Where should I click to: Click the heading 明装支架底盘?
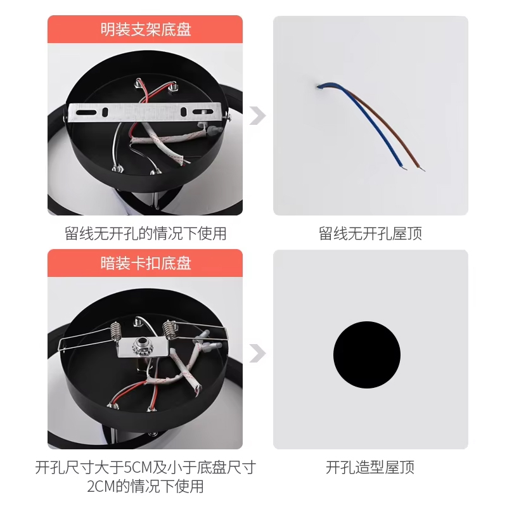click(146, 29)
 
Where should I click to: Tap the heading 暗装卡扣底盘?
click(146, 263)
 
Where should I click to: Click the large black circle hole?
click(367, 355)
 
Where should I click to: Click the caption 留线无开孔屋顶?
click(370, 233)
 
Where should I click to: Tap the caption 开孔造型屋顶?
click(370, 467)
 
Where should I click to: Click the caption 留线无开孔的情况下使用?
click(146, 233)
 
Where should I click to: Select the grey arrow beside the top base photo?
click(257, 115)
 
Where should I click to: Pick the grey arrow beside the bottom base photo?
click(257, 353)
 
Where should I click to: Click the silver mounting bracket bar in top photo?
click(145, 112)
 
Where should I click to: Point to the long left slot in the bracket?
click(86, 113)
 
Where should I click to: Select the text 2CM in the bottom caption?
click(101, 486)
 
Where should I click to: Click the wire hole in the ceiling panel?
click(318, 86)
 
